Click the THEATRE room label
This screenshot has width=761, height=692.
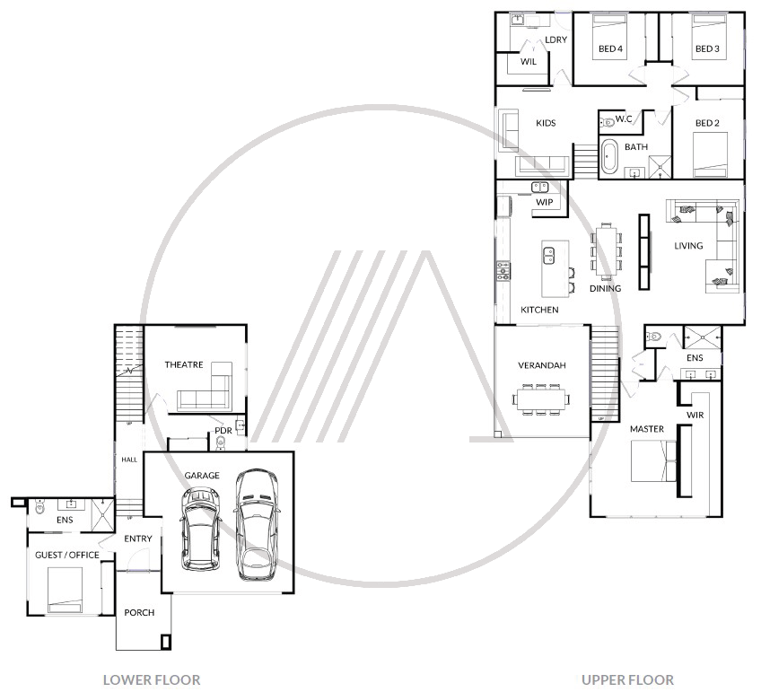[x=183, y=364]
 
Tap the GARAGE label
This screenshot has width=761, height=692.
[x=202, y=476]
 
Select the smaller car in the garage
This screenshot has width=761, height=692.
[x=200, y=529]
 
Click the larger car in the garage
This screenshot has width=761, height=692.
[x=257, y=524]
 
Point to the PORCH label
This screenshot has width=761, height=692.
[x=139, y=612]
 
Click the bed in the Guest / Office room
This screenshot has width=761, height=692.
[x=65, y=590]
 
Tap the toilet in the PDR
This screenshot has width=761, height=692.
[x=221, y=442]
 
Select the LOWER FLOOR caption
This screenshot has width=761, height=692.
[x=152, y=679]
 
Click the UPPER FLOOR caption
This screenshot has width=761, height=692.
[x=627, y=679]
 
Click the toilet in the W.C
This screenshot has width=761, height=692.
[x=607, y=123]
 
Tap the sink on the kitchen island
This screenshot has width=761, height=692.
[x=549, y=255]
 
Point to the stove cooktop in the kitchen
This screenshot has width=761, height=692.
[x=503, y=271]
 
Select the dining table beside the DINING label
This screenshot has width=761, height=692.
[x=607, y=251]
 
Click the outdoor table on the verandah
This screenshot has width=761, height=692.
[x=541, y=399]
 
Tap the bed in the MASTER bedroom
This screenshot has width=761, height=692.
[x=653, y=460]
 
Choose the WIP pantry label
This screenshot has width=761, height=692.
[x=544, y=202]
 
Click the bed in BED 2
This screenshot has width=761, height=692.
[x=710, y=154]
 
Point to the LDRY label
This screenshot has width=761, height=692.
[x=555, y=39]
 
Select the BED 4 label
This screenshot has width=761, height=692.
[x=610, y=48]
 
